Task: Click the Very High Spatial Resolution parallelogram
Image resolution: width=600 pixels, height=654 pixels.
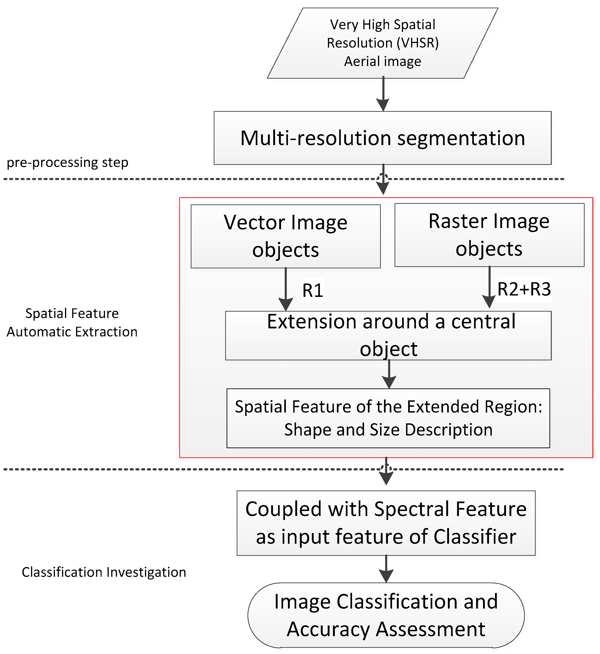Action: coord(382,43)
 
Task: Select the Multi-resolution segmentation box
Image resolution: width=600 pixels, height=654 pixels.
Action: coord(382,138)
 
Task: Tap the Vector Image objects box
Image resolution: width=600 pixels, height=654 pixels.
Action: coord(285,236)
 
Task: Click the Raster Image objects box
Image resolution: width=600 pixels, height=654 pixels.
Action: coord(489,235)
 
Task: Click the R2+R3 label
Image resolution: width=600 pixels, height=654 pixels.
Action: coord(524,289)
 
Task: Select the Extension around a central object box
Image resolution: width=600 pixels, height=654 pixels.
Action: coord(388,335)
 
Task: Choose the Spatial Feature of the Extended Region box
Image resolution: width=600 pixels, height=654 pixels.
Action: coord(388,418)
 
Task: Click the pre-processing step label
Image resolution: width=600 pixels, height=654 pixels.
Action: coord(68,162)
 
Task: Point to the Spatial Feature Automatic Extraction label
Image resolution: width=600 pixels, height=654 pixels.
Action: coord(72,323)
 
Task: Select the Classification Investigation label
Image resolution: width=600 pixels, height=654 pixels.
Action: coord(104,572)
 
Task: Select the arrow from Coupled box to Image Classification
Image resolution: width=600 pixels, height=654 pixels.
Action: coord(386,568)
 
